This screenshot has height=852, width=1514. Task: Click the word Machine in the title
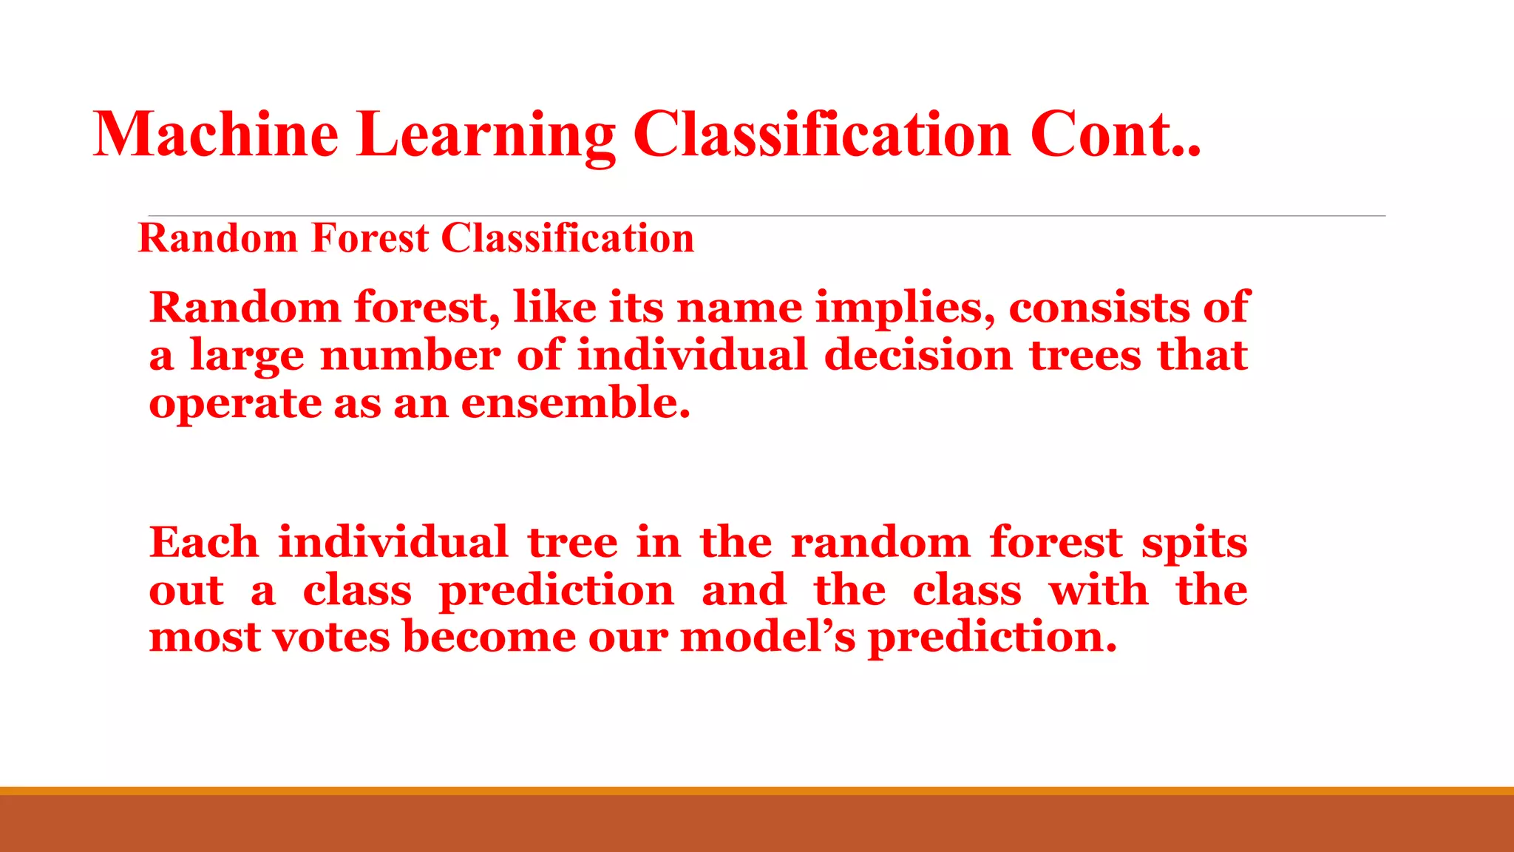(x=215, y=135)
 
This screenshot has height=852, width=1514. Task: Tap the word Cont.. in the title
(x=1115, y=135)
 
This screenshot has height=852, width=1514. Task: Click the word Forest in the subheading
(x=370, y=238)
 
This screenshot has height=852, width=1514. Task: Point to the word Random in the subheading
(x=218, y=238)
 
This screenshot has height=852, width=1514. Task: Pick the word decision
(x=917, y=355)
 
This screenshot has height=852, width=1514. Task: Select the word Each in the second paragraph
(x=203, y=542)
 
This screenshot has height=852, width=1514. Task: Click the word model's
(x=767, y=637)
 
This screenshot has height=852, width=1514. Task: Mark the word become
(x=489, y=637)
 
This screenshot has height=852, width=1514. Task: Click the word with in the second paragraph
(x=1098, y=590)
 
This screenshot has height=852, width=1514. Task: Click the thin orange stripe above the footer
(x=757, y=791)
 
